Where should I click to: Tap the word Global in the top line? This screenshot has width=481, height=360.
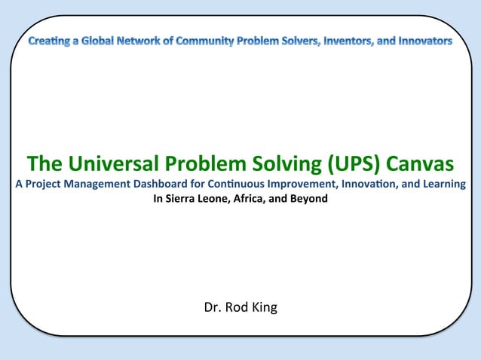(98, 40)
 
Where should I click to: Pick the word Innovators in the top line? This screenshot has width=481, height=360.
(426, 40)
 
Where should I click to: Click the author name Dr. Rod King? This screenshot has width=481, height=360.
(240, 307)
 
